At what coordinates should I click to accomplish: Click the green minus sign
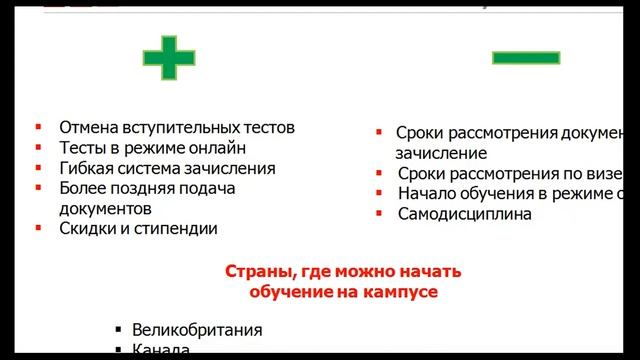(525, 58)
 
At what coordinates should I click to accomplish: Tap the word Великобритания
(196, 329)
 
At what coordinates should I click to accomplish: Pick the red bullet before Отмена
(37, 128)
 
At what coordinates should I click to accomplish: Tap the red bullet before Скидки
(37, 228)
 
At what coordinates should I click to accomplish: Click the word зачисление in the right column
(441, 154)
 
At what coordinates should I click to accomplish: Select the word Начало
(427, 194)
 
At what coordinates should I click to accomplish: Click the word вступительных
(190, 129)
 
